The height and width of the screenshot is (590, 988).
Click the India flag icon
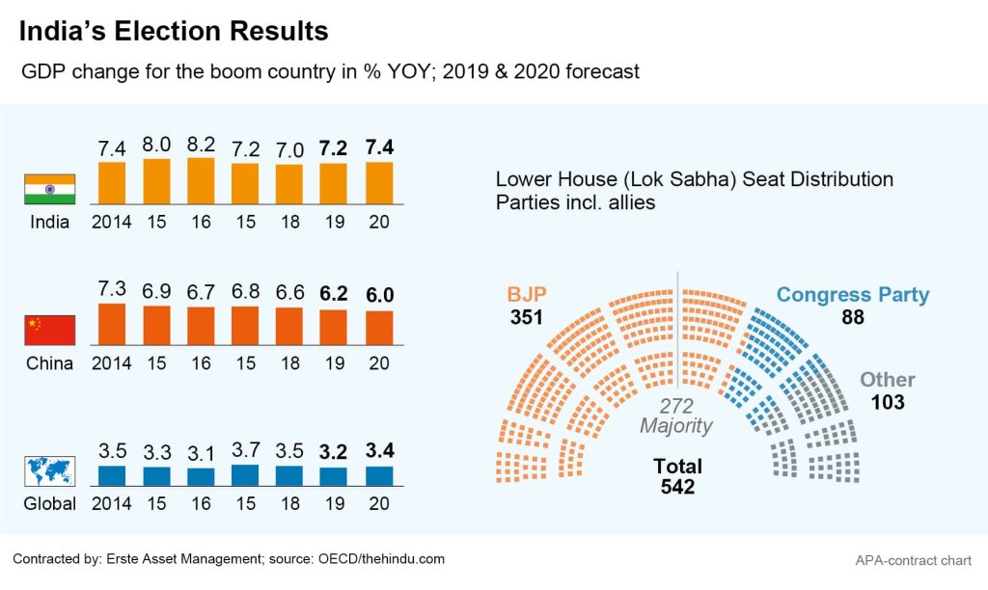click(x=50, y=189)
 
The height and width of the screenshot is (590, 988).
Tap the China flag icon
click(x=50, y=330)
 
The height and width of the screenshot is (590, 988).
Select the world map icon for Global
click(x=50, y=470)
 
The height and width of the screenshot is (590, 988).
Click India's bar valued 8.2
click(x=201, y=180)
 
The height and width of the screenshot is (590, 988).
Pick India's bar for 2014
click(x=112, y=182)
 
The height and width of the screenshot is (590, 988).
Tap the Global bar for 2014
click(x=112, y=475)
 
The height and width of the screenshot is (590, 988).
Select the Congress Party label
click(x=852, y=295)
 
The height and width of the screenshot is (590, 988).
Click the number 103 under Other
click(x=888, y=402)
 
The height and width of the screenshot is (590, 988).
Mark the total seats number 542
click(x=677, y=488)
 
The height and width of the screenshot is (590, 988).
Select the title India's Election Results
click(x=175, y=31)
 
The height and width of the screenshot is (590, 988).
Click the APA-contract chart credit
click(x=912, y=560)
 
